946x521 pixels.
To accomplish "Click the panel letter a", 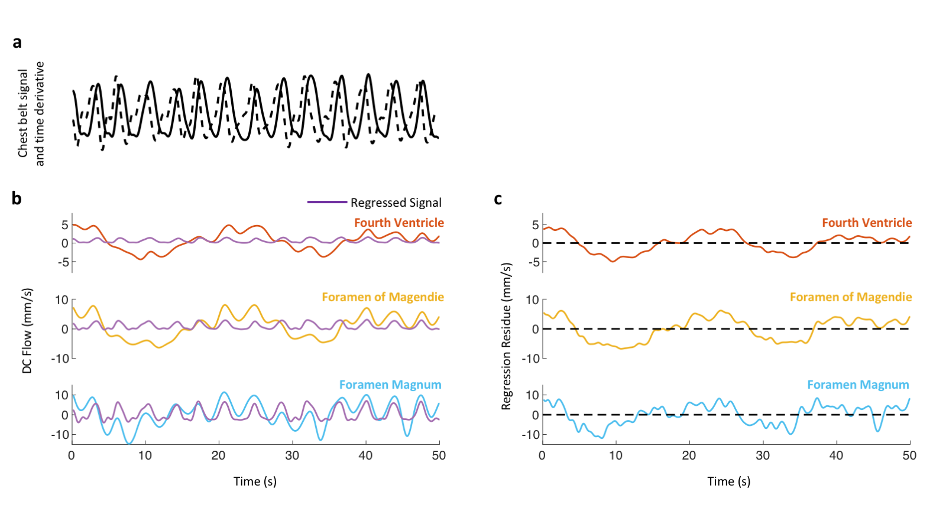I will (x=17, y=43).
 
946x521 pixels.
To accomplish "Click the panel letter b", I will (x=17, y=198).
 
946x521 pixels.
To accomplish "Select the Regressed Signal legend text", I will (x=396, y=203).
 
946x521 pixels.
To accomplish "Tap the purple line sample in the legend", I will (x=327, y=202).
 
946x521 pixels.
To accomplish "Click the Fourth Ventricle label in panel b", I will (x=399, y=223).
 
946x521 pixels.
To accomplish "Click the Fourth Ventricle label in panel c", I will (x=866, y=223).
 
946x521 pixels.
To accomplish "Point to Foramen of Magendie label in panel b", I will (x=383, y=297).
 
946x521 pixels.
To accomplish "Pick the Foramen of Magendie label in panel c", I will (x=850, y=297).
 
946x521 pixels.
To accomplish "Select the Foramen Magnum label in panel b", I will (x=390, y=385).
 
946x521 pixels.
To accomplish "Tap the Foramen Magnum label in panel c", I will (x=858, y=385).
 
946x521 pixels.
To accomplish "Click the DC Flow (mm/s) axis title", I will (x=27, y=331).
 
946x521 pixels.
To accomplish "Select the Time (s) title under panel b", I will (x=255, y=481).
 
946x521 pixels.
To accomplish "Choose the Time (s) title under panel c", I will (x=728, y=481).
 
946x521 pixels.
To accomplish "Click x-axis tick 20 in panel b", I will (x=219, y=455).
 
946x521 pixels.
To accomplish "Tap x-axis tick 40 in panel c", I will (x=836, y=455).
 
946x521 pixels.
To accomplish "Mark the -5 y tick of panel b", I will (x=63, y=262).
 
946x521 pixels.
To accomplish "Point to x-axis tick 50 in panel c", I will (x=909, y=455).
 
